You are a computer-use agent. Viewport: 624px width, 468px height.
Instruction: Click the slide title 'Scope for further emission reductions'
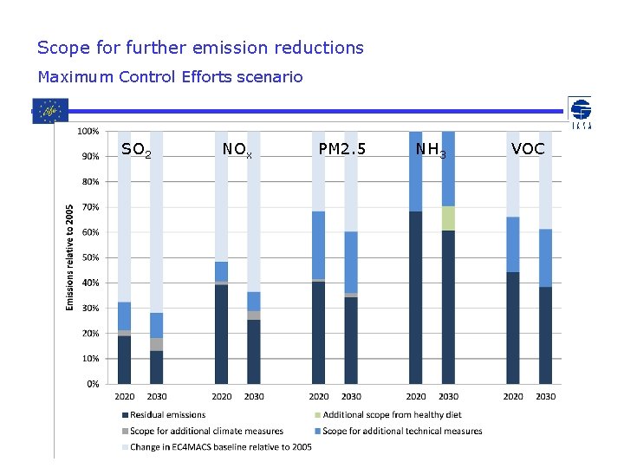(x=200, y=48)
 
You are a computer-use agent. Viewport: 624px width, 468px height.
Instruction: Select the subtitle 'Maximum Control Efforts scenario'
(x=170, y=77)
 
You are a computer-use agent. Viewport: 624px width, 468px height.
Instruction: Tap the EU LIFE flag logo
(x=49, y=111)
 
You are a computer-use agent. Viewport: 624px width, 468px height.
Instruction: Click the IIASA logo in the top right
(x=580, y=114)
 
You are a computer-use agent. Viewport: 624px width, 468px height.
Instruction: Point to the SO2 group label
(x=136, y=150)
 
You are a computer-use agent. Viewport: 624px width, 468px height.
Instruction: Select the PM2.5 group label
(x=342, y=149)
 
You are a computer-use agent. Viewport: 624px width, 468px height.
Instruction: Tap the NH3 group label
(x=431, y=150)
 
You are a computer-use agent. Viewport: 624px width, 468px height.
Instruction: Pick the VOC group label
(x=528, y=149)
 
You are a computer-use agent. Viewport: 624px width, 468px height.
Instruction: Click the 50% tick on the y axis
(x=88, y=257)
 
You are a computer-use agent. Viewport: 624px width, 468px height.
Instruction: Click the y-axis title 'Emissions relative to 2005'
(x=70, y=257)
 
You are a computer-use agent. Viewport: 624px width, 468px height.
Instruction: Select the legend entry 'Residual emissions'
(x=167, y=415)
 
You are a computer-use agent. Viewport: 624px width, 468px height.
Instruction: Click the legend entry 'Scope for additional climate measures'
(x=206, y=431)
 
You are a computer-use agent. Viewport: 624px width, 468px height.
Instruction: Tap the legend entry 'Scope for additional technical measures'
(x=402, y=431)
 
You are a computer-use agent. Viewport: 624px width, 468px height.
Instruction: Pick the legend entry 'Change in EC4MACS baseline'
(x=220, y=446)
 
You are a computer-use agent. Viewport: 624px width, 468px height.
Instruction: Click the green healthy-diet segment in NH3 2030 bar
(x=448, y=218)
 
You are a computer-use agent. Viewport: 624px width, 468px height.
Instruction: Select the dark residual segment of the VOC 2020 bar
(x=513, y=328)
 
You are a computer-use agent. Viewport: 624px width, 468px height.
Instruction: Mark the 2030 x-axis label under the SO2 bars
(x=157, y=396)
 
